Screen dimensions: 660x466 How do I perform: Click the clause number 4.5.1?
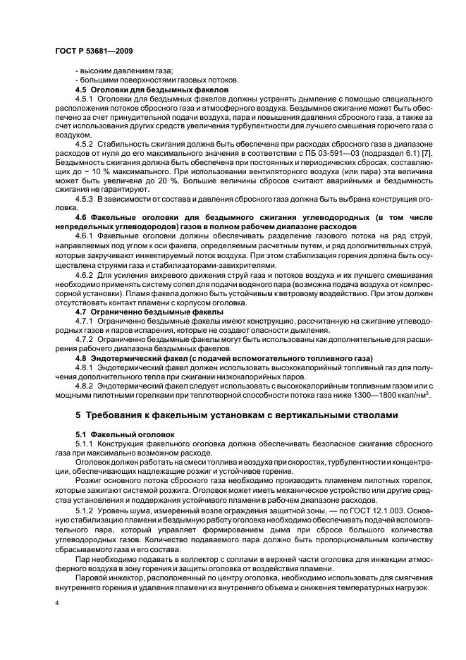86,100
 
